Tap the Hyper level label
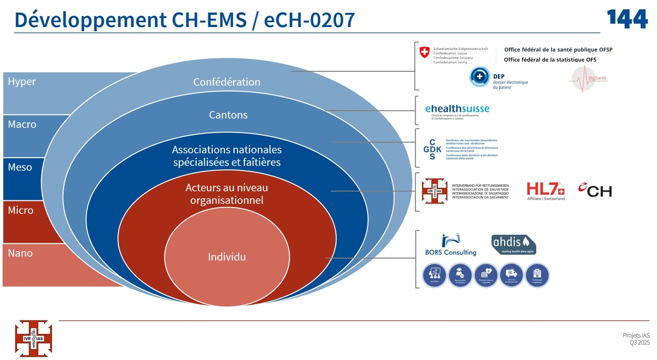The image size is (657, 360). [x=22, y=81]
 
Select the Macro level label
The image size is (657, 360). [x=22, y=124]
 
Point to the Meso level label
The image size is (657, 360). [x=20, y=167]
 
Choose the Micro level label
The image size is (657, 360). [x=21, y=210]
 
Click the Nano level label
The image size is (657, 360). [x=20, y=253]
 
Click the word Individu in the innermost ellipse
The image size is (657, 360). [x=227, y=257]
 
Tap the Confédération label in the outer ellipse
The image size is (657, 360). [x=227, y=82]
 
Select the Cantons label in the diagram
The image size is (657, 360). [x=228, y=115]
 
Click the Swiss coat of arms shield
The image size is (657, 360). [x=424, y=52]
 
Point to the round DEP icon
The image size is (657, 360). [x=479, y=77]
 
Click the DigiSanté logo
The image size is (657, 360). [x=586, y=79]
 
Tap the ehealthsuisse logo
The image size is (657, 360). [x=457, y=110]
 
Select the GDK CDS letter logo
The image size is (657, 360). [x=432, y=150]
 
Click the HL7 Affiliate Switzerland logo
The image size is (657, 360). [x=545, y=191]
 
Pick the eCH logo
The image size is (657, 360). [x=595, y=190]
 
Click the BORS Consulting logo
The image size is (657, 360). [x=451, y=245]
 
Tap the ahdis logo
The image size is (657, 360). [x=513, y=244]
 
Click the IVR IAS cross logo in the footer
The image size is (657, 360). [x=33, y=338]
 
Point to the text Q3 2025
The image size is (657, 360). [x=639, y=343]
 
